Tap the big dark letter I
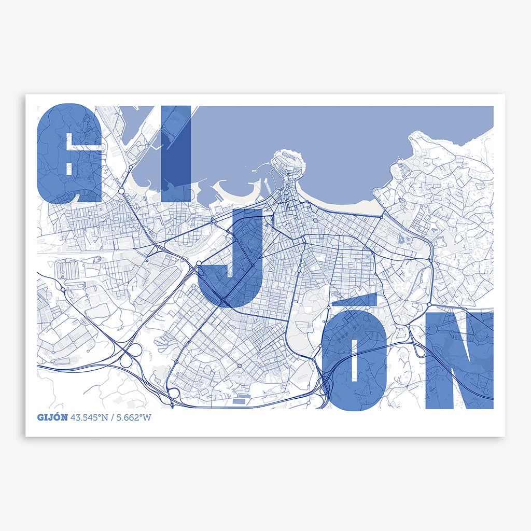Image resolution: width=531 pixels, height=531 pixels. pyautogui.click(x=176, y=153)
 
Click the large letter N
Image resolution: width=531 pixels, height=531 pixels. pyautogui.click(x=458, y=360)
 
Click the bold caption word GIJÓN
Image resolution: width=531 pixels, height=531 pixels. pyautogui.click(x=52, y=417)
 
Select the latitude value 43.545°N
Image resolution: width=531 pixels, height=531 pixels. pyautogui.click(x=91, y=417)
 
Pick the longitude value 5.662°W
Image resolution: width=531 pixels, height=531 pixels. pyautogui.click(x=134, y=417)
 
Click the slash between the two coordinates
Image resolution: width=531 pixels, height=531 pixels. pyautogui.click(x=114, y=417)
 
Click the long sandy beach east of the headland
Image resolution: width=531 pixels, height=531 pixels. pyautogui.click(x=342, y=205)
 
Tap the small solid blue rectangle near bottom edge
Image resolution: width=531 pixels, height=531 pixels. pyautogui.click(x=240, y=400)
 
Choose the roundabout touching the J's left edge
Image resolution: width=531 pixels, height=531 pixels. pyautogui.click(x=199, y=264)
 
